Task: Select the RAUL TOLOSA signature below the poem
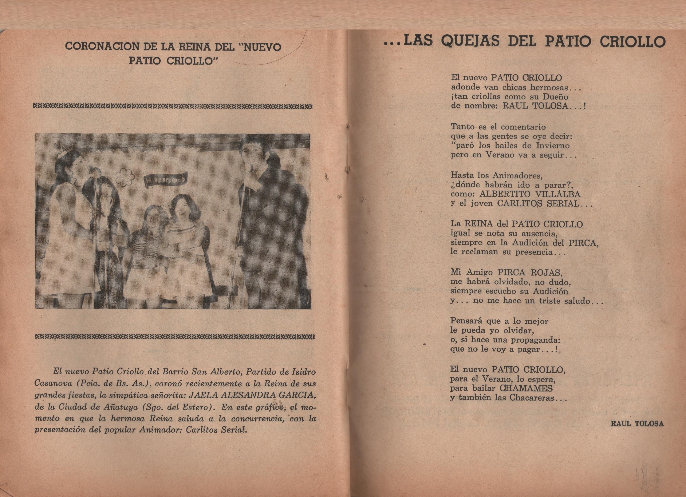tap(637, 424)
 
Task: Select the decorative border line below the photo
tap(174, 337)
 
